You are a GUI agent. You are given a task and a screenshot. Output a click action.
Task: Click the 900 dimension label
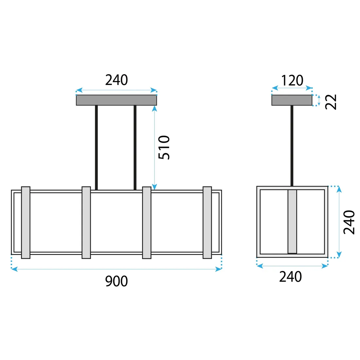[117, 281]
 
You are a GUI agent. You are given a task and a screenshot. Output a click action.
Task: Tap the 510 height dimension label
[164, 147]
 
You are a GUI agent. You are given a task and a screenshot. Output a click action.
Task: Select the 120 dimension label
[292, 81]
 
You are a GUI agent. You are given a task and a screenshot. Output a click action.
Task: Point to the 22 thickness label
[331, 102]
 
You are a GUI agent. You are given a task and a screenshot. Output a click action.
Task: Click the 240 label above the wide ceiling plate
[117, 80]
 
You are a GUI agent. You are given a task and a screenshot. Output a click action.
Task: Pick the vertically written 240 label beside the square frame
[349, 222]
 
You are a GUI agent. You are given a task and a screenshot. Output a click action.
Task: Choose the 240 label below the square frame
[290, 277]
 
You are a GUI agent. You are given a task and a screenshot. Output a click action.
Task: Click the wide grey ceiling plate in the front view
[117, 100]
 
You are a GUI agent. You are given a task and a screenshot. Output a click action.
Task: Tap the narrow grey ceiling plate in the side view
[292, 100]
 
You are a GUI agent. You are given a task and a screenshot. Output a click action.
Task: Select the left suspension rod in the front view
[97, 148]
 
